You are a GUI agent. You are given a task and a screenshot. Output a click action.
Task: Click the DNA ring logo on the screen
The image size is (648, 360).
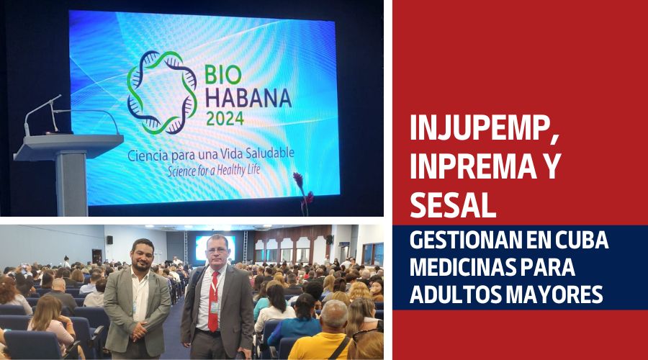162,93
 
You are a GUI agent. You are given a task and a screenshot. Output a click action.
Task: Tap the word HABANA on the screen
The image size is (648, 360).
248,98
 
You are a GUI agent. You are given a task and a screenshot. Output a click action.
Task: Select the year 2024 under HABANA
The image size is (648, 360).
225,119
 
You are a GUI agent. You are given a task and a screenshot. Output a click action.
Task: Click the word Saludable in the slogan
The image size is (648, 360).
269,153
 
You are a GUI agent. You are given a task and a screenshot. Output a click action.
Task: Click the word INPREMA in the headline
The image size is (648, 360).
470,166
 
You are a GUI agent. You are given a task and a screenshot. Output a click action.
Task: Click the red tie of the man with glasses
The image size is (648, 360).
214,302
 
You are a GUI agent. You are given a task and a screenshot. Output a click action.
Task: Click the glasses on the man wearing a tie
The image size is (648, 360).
217,250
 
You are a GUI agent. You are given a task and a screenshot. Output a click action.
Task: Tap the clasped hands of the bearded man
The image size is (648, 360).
139,330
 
